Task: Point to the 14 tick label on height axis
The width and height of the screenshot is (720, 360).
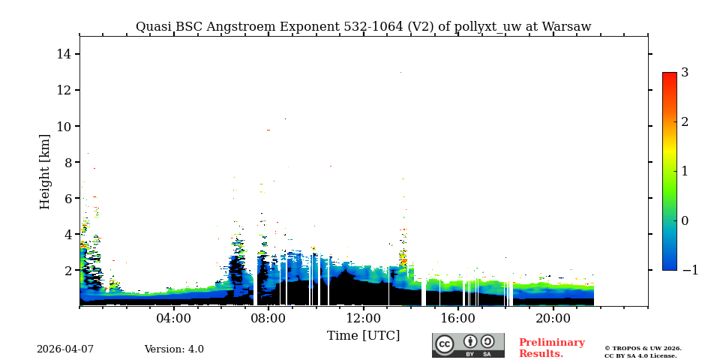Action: (63, 54)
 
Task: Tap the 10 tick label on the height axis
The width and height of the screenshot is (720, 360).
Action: (63, 126)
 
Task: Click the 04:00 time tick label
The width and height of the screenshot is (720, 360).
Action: (174, 319)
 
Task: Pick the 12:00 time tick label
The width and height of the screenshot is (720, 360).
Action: (364, 319)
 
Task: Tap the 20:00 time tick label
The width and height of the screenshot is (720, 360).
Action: (553, 319)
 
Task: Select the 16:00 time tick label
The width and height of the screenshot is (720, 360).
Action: (458, 319)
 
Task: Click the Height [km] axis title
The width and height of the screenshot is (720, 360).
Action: (46, 171)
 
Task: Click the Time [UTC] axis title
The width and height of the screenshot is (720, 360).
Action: (363, 335)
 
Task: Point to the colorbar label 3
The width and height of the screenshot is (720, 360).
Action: (685, 73)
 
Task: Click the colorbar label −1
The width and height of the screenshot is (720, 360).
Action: (689, 270)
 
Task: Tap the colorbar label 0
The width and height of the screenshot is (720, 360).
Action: (685, 220)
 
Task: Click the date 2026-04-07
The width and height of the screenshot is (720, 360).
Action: (65, 349)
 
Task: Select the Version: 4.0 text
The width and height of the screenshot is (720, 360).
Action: (174, 349)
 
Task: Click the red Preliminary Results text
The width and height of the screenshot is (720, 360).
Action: (551, 348)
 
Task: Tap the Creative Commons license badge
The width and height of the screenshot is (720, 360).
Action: (468, 345)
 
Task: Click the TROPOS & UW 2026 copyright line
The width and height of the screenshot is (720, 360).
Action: (643, 348)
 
